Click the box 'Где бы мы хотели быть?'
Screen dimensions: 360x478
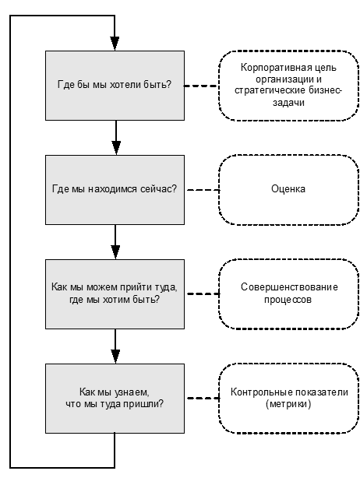click(115, 86)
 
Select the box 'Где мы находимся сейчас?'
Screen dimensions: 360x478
click(115, 190)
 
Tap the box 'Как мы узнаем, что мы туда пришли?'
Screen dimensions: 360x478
click(115, 398)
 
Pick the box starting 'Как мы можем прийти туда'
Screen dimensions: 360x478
click(115, 293)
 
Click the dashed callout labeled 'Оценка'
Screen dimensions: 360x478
click(288, 190)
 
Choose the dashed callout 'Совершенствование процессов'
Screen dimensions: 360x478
click(288, 293)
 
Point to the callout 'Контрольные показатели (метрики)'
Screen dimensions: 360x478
click(288, 398)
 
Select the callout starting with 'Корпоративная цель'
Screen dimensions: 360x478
click(288, 86)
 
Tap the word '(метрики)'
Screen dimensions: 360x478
click(288, 404)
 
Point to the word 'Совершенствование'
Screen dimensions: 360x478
click(289, 286)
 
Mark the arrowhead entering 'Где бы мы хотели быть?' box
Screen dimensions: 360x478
click(115, 44)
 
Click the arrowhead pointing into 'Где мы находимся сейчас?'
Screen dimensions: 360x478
click(116, 148)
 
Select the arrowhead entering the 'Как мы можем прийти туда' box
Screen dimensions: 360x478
click(115, 252)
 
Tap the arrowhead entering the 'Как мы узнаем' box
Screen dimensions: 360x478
click(115, 357)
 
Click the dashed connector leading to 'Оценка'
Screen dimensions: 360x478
click(203, 190)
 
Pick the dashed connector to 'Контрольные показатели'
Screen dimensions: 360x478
click(203, 398)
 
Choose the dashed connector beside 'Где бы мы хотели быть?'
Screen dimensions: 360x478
click(201, 86)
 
